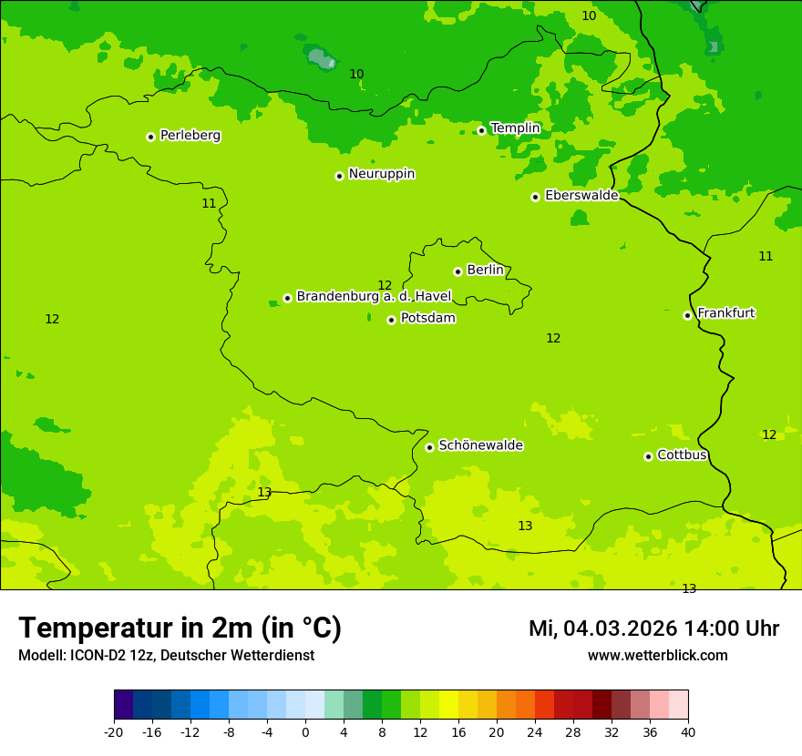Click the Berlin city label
485,270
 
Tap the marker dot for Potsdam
391,320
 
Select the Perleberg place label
190,135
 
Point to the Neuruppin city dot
339,176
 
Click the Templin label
515,128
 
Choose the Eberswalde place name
581,195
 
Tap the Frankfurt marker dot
687,315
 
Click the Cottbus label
682,455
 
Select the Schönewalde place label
480,445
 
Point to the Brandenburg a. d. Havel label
374,296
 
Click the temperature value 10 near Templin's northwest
356,74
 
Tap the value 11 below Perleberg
209,203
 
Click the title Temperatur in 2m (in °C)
180,628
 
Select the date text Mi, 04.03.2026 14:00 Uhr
653,628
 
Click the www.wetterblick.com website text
657,655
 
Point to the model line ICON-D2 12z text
166,655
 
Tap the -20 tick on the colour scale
114,731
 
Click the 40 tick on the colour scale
687,731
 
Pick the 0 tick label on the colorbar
305,731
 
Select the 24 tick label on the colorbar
534,731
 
